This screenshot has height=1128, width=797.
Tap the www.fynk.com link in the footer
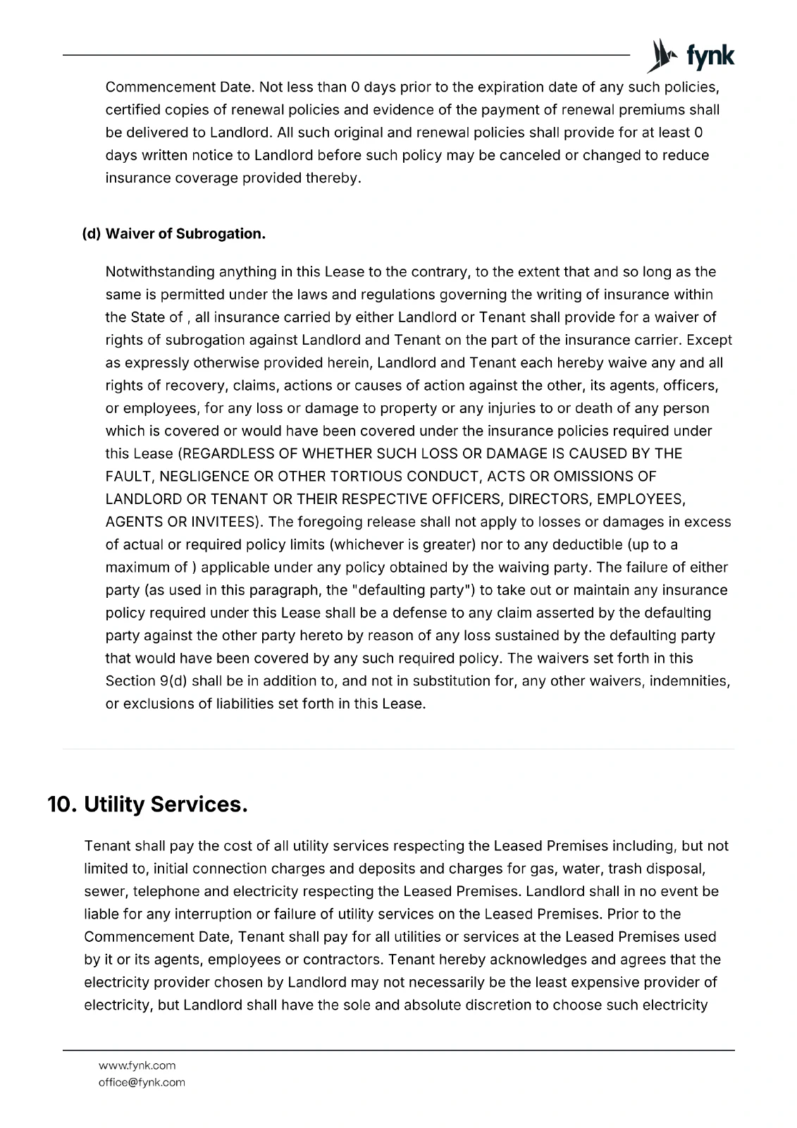(137, 1065)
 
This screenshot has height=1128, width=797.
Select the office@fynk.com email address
(142, 1082)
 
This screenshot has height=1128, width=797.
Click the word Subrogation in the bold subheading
(221, 234)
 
